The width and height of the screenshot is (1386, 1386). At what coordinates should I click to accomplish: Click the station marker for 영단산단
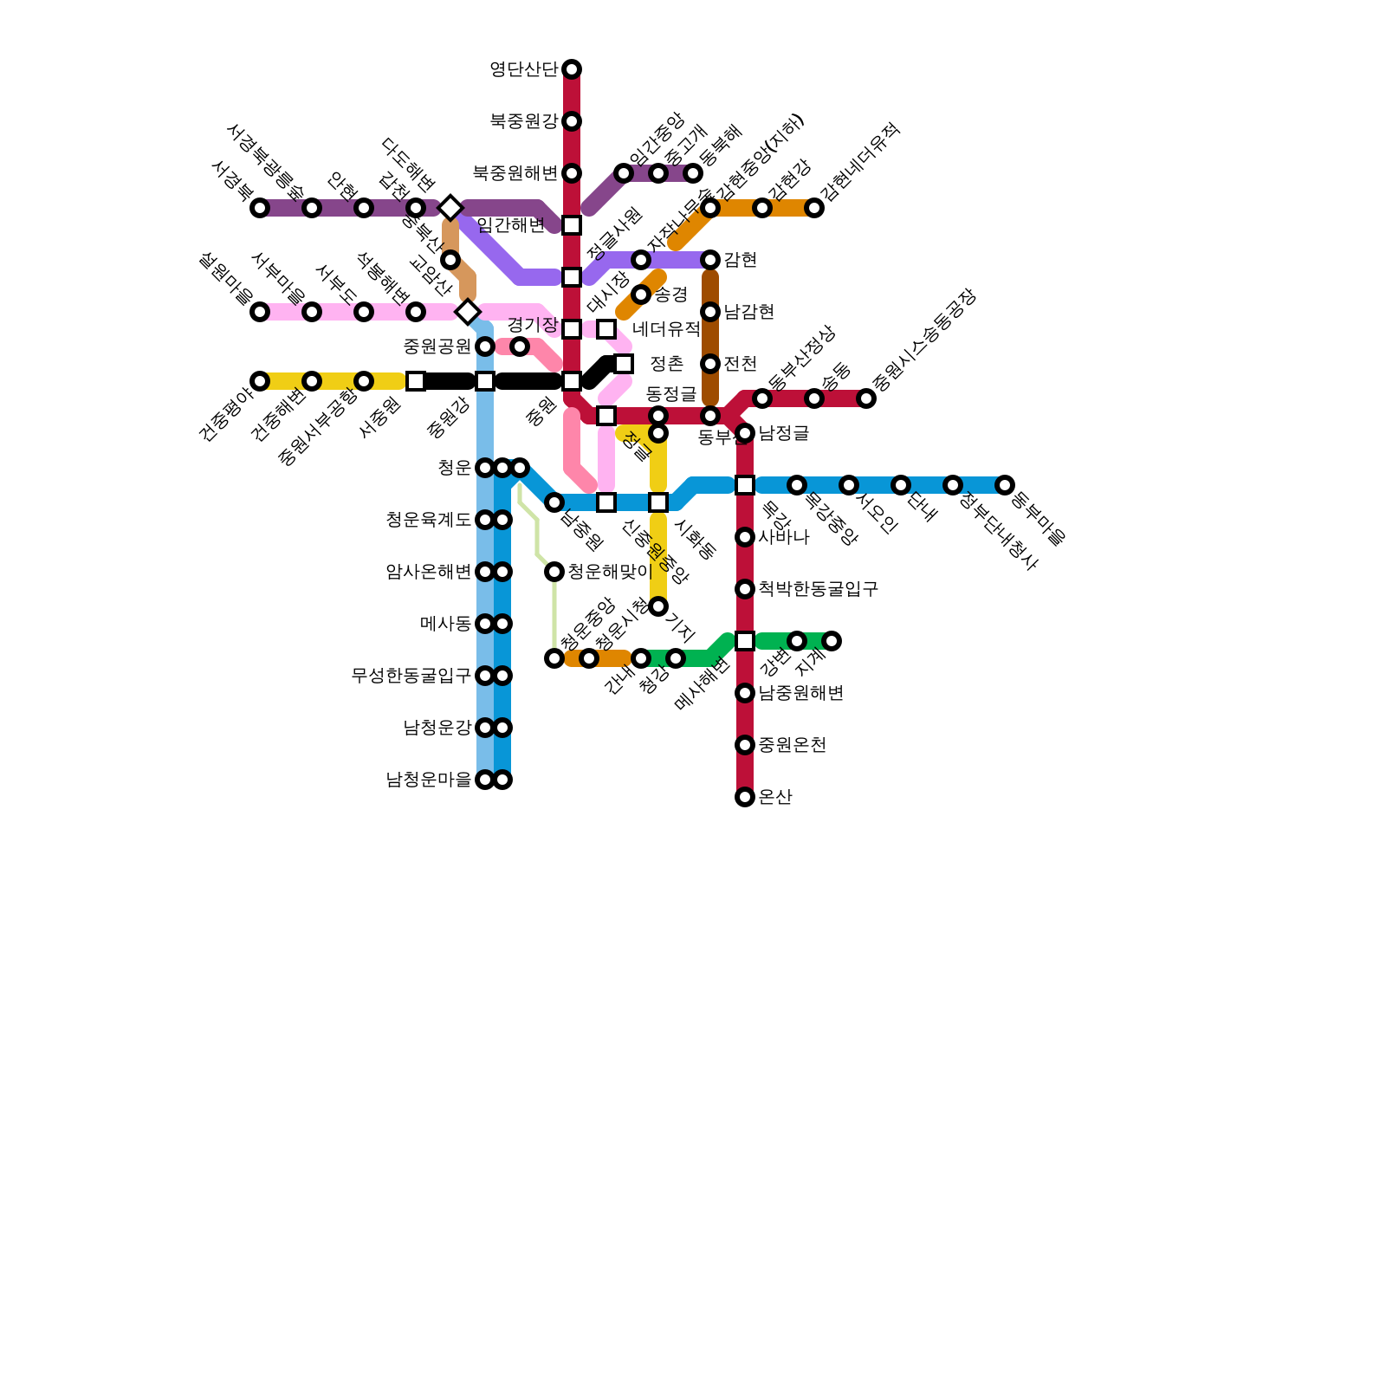[x=572, y=69]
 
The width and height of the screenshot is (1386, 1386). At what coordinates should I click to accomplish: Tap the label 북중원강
[x=523, y=121]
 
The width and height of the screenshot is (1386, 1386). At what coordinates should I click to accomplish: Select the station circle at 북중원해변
[x=572, y=173]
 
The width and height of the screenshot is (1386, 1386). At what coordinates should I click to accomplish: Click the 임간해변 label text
[x=511, y=225]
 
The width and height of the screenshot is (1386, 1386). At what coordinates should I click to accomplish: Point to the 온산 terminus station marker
[x=745, y=797]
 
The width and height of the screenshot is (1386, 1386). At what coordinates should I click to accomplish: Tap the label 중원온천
[x=792, y=745]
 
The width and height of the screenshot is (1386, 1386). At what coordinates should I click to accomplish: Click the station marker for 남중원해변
[x=745, y=693]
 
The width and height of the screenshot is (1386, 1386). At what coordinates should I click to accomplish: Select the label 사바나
[x=783, y=537]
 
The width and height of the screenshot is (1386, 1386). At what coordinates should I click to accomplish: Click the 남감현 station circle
[x=710, y=312]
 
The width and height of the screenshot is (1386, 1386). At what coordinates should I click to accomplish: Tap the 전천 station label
[x=740, y=364]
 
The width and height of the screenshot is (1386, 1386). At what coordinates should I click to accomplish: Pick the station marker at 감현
[x=710, y=260]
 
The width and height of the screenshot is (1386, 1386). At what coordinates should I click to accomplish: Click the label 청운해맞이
[x=609, y=572]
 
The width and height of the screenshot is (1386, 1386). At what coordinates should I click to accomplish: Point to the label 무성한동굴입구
[x=411, y=676]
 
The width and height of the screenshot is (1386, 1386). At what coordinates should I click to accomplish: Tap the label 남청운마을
[x=428, y=780]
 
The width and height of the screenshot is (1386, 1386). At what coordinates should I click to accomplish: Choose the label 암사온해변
[x=428, y=572]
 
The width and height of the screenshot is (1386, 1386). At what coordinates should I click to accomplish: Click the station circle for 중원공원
[x=485, y=346]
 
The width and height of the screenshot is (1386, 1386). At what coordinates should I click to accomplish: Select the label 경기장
[x=532, y=325]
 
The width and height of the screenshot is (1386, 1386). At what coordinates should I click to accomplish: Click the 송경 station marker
[x=641, y=295]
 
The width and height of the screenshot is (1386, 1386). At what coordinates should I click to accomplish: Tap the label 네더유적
[x=665, y=329]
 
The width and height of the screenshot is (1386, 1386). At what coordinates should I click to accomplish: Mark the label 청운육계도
[x=428, y=520]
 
